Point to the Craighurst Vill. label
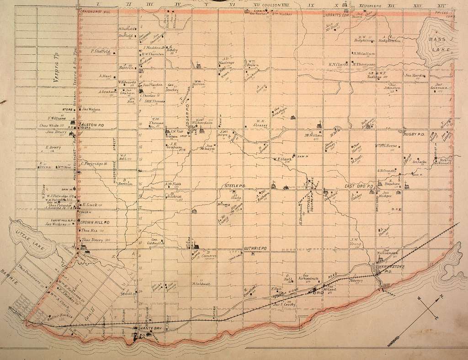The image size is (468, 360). [x=93, y=10]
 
